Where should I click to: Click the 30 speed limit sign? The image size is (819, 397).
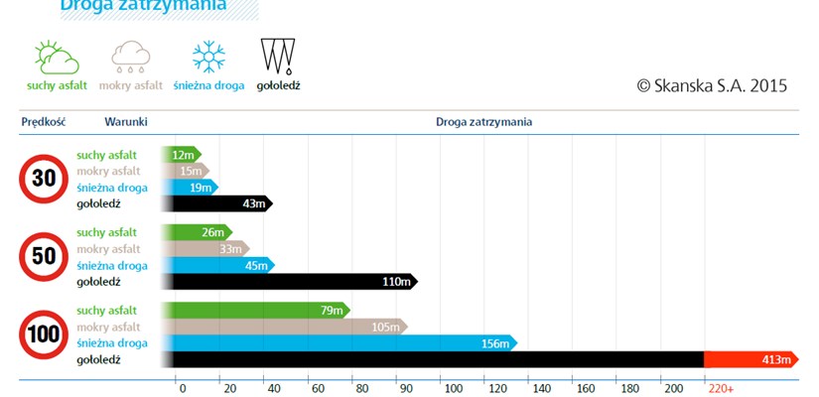[x=44, y=179]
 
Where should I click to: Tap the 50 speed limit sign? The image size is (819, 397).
[x=44, y=257]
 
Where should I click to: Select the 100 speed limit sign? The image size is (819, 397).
[x=44, y=334]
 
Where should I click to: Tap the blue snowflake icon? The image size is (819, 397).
[x=208, y=57]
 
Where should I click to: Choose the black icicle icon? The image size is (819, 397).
[x=278, y=57]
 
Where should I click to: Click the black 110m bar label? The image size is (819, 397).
[x=396, y=282]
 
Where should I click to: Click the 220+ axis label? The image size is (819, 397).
[x=721, y=388]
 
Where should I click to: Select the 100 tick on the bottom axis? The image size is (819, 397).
[x=453, y=388]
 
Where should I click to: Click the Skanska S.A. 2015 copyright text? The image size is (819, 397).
[x=712, y=86]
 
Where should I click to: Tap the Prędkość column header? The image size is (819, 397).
[x=43, y=122]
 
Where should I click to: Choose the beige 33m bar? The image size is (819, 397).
[x=205, y=248]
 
